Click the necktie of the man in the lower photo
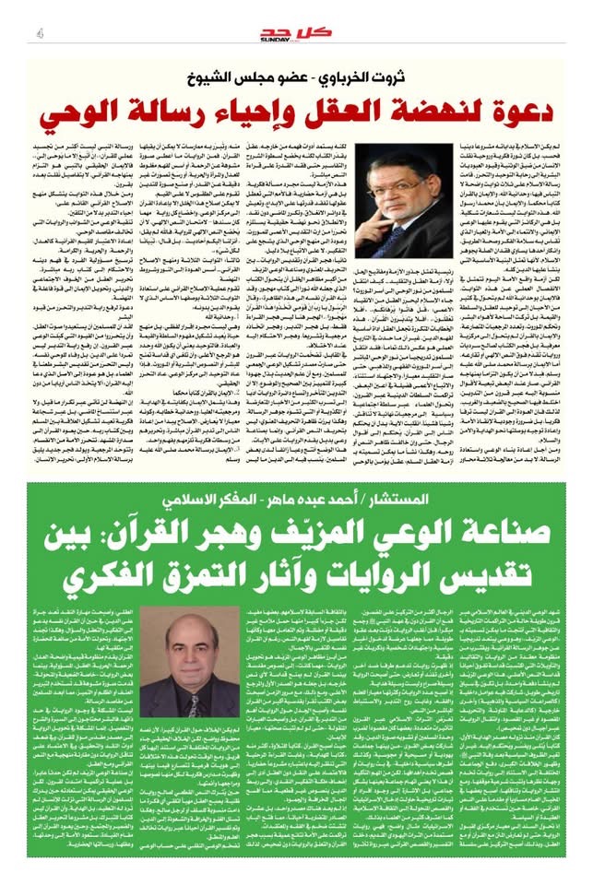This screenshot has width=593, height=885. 194,705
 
